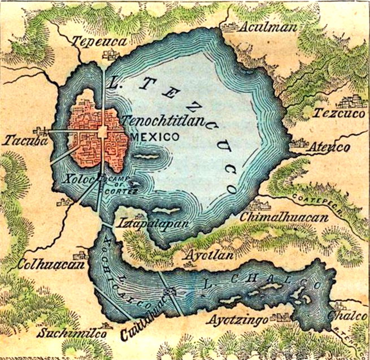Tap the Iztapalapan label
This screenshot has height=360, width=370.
[145, 223]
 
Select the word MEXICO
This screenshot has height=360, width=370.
[155, 136]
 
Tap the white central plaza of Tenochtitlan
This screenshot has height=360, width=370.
[102, 132]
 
